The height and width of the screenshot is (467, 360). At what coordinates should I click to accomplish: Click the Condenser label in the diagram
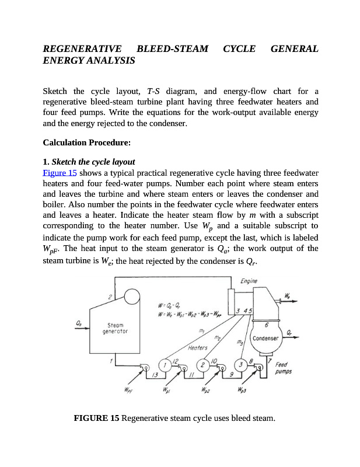pyautogui.click(x=265, y=339)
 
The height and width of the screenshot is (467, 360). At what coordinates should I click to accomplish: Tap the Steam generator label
pyautogui.click(x=115, y=328)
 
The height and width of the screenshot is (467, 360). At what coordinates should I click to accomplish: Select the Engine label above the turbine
pyautogui.click(x=250, y=281)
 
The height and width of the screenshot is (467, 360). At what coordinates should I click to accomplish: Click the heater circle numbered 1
pyautogui.click(x=166, y=365)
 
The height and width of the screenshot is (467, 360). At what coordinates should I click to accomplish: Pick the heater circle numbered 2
pyautogui.click(x=202, y=365)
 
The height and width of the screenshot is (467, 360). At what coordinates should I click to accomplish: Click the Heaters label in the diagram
pyautogui.click(x=198, y=348)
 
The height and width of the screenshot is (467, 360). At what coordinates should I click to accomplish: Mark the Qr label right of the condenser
pyautogui.click(x=290, y=332)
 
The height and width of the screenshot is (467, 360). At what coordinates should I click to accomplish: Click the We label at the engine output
pyautogui.click(x=289, y=294)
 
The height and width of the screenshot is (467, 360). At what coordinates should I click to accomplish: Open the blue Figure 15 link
pyautogui.click(x=60, y=173)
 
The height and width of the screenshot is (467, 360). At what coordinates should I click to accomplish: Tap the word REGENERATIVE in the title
pyautogui.click(x=82, y=48)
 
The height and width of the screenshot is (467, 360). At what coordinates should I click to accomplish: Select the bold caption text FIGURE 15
pyautogui.click(x=96, y=418)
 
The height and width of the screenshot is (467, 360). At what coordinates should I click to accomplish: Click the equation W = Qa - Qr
pyautogui.click(x=172, y=305)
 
